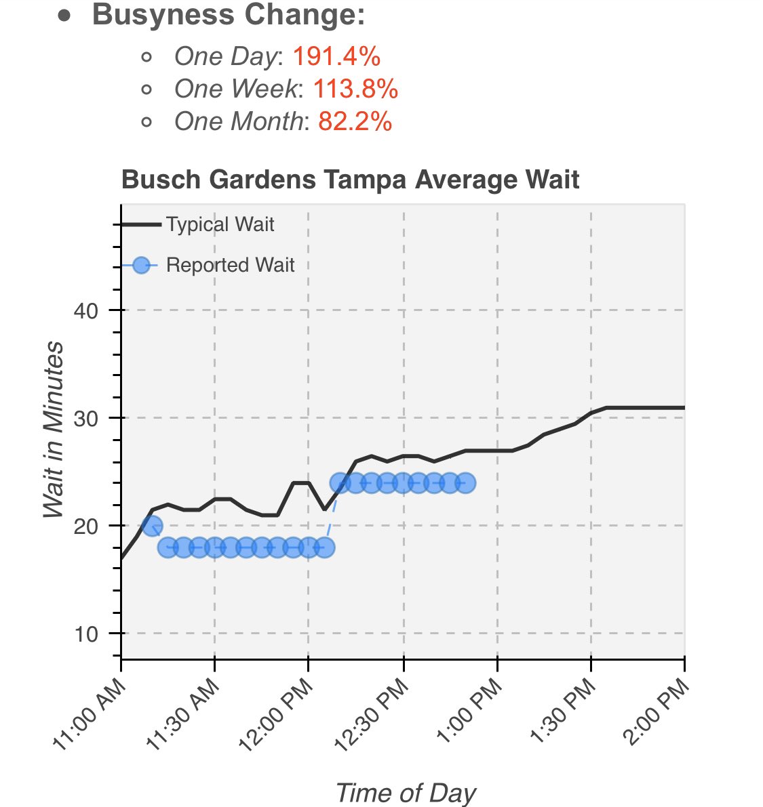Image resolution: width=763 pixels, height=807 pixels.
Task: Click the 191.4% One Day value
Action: coord(336,57)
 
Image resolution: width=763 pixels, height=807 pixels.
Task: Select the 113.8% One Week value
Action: coord(355,89)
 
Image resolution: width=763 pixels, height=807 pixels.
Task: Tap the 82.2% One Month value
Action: coord(355,121)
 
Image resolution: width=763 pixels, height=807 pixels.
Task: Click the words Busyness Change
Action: coord(228,14)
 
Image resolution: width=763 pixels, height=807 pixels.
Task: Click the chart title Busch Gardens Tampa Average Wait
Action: coord(350,180)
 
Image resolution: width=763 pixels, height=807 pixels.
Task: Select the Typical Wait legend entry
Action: coord(219,224)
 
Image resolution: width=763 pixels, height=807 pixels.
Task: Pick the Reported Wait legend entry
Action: coord(229,265)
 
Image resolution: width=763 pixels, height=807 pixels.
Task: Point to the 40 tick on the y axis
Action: coord(85,311)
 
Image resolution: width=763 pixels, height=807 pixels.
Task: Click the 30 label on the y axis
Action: coord(85,418)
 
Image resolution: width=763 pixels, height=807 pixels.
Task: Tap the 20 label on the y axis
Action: coord(85,526)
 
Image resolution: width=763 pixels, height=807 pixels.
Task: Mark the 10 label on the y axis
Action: coord(85,634)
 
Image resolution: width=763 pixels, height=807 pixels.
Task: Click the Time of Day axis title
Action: coord(406,793)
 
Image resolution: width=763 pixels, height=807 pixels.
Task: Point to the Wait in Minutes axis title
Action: coord(54,430)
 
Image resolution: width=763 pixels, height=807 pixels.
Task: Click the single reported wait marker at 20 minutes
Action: coord(152,525)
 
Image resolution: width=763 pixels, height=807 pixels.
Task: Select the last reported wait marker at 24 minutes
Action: coord(465,483)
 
